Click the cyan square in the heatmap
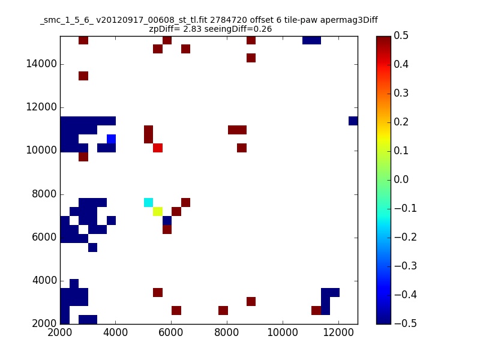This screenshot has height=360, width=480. [x=148, y=202]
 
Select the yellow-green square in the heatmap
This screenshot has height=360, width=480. [x=158, y=212]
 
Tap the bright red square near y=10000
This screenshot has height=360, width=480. [x=158, y=148]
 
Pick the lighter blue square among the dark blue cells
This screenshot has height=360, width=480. [x=111, y=139]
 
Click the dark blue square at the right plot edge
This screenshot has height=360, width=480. [x=353, y=121]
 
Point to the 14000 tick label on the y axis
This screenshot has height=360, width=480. [x=41, y=64]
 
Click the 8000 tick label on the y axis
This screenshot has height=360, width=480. [x=44, y=194]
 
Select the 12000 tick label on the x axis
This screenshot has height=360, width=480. [x=338, y=332]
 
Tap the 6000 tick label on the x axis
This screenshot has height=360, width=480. [x=171, y=332]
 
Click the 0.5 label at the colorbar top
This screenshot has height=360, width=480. [x=401, y=35]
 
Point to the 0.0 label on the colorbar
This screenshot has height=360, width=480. [x=401, y=179]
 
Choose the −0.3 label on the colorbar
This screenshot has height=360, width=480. [x=406, y=266]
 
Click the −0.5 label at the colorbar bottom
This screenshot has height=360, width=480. [x=406, y=323]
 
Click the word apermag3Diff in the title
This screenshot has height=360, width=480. [x=349, y=20]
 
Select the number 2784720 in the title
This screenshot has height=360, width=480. [x=229, y=20]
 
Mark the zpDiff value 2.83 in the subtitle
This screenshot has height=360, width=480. [x=192, y=29]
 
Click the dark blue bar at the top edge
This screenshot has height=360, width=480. [x=311, y=40]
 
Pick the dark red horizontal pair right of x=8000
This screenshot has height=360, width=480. [x=237, y=130]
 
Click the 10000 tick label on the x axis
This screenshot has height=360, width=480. [x=283, y=332]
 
